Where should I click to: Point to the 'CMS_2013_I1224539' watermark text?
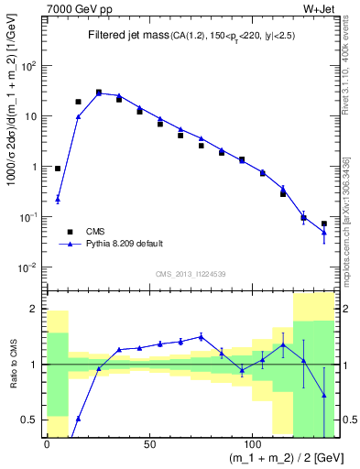pos(190,274)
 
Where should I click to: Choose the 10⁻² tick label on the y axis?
pos(30,267)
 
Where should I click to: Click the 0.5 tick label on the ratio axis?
pos(32,420)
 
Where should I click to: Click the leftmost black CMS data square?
pos(58,169)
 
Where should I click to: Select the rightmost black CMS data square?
pos(324,224)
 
